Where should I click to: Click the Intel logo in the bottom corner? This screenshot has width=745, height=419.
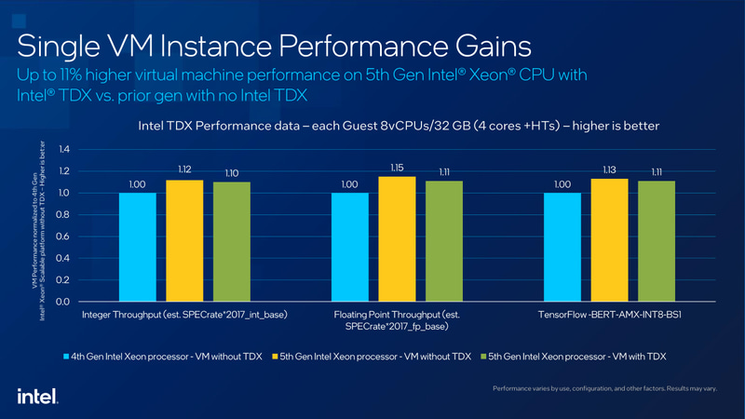tap(38, 396)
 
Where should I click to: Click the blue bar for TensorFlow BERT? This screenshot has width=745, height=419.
tap(562, 247)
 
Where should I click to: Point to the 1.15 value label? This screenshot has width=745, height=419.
tap(396, 168)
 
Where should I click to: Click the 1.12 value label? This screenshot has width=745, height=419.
tap(183, 170)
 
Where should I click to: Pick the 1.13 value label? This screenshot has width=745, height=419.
tap(609, 169)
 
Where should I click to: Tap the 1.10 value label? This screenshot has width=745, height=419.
tap(231, 173)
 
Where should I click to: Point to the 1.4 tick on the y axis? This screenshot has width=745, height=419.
tap(64, 149)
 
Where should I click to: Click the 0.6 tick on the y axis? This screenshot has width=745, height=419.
tap(64, 237)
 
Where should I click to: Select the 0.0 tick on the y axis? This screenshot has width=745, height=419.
tap(64, 302)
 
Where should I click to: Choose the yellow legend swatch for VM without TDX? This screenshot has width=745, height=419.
tap(277, 357)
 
